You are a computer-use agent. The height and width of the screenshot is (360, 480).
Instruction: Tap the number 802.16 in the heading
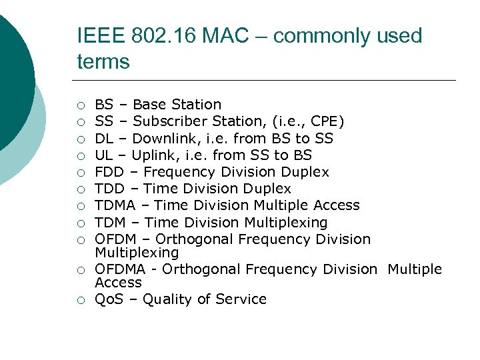pos(156,36)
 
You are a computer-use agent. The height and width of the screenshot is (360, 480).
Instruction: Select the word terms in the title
pos(103,62)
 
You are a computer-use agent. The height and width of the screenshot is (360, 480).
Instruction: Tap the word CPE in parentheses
pos(325,121)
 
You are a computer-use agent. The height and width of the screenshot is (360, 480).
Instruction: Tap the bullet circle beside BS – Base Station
pos(80,105)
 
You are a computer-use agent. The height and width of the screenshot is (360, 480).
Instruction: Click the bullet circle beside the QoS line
pos(80,300)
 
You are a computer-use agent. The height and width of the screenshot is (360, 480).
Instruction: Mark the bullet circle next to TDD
pos(80,189)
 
